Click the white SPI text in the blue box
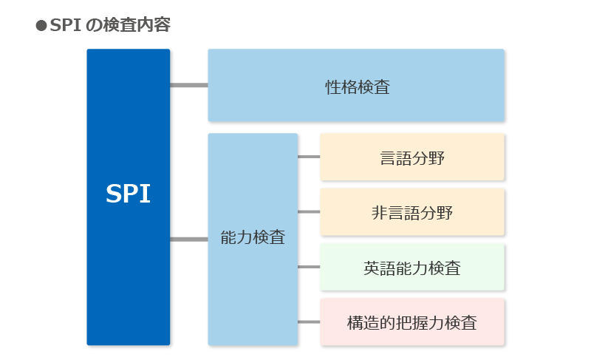coord(128,194)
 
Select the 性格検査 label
coord(357,86)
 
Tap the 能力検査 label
coord(253,238)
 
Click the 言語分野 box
coord(412,157)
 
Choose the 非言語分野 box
coord(412,213)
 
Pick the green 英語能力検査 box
coord(412,268)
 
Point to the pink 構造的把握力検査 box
coord(412,323)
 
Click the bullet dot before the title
coord(41,26)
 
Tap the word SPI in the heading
coord(65,26)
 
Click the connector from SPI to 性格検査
coord(188,85)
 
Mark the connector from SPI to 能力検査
coord(188,239)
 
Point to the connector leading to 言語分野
coord(309,157)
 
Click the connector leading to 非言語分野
coord(309,212)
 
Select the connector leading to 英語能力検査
coord(309,267)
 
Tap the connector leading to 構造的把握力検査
coord(309,322)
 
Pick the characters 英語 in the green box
coord(380,268)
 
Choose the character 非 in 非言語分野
coord(380,213)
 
